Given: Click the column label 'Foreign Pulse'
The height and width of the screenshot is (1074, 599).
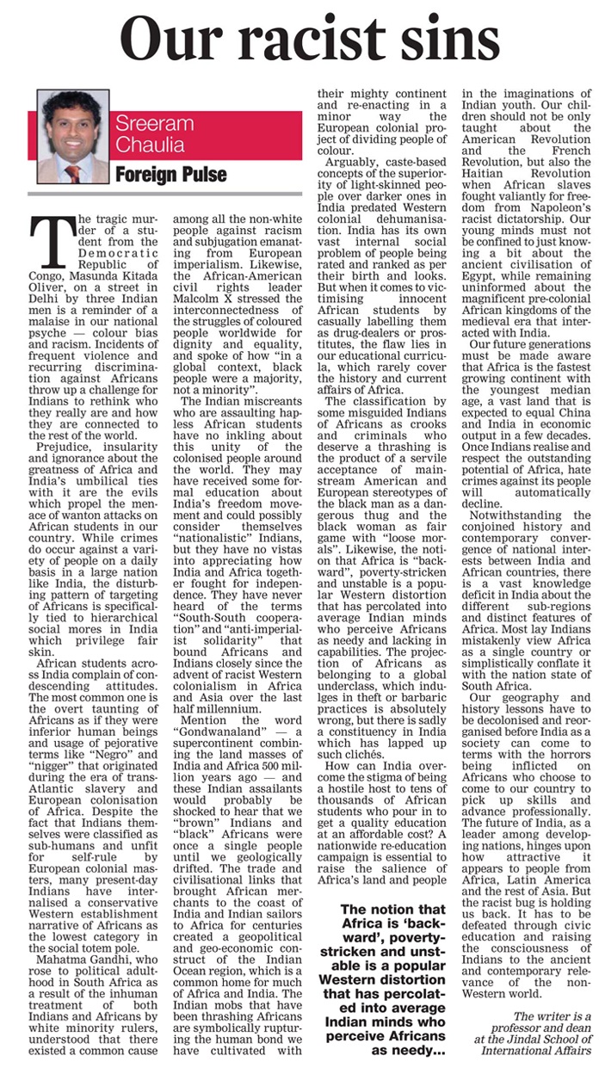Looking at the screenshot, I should [172, 175].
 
